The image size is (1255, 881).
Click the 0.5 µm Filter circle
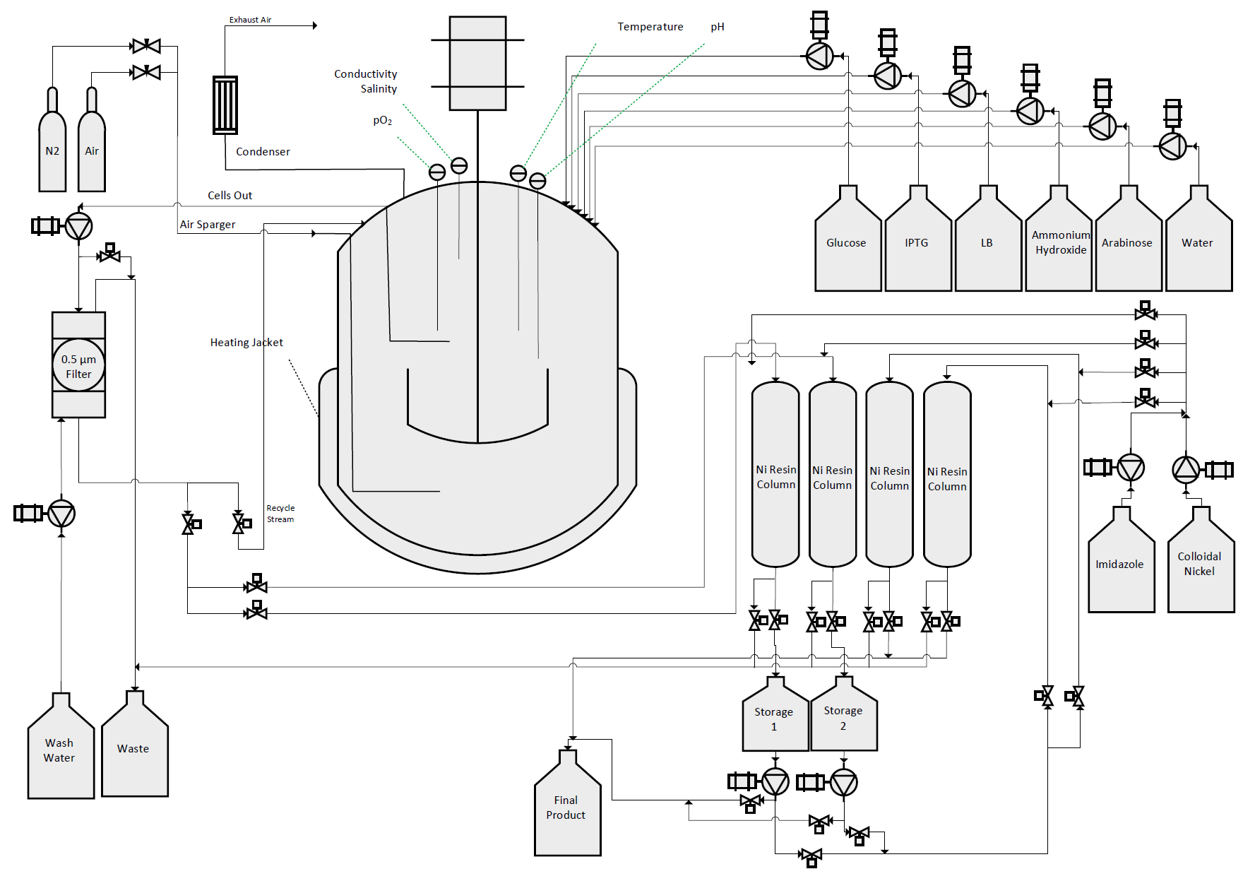click(78, 365)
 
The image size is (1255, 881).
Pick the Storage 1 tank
click(775, 719)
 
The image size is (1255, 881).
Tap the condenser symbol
click(225, 105)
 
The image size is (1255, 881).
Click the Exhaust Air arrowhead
click(315, 25)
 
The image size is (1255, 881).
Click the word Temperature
click(650, 27)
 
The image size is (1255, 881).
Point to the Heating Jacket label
click(246, 343)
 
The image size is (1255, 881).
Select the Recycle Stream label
click(280, 514)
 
